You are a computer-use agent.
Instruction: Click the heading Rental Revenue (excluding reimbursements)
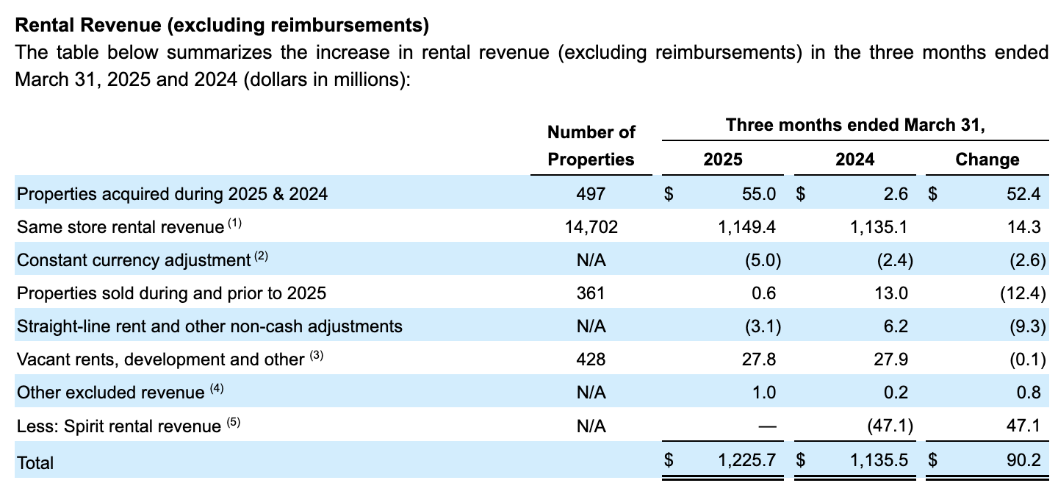[x=221, y=25]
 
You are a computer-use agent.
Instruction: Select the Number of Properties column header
[x=591, y=146]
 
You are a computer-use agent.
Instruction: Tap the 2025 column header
[x=722, y=160]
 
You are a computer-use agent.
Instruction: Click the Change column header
[x=987, y=160]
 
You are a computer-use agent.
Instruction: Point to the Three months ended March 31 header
[x=854, y=125]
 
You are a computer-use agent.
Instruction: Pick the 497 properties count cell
[x=591, y=194]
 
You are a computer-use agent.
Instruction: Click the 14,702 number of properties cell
[x=591, y=227]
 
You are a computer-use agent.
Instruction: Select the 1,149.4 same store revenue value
[x=746, y=227]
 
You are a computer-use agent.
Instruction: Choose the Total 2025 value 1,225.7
[x=746, y=461]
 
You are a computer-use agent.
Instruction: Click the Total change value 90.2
[x=1024, y=461]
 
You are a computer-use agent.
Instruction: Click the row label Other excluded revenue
[x=110, y=393]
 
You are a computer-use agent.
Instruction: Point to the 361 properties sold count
[x=591, y=293]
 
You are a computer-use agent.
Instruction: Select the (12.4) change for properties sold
[x=1022, y=293]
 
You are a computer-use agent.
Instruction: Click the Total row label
[x=35, y=462]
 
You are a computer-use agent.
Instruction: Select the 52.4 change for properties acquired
[x=1024, y=194]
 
